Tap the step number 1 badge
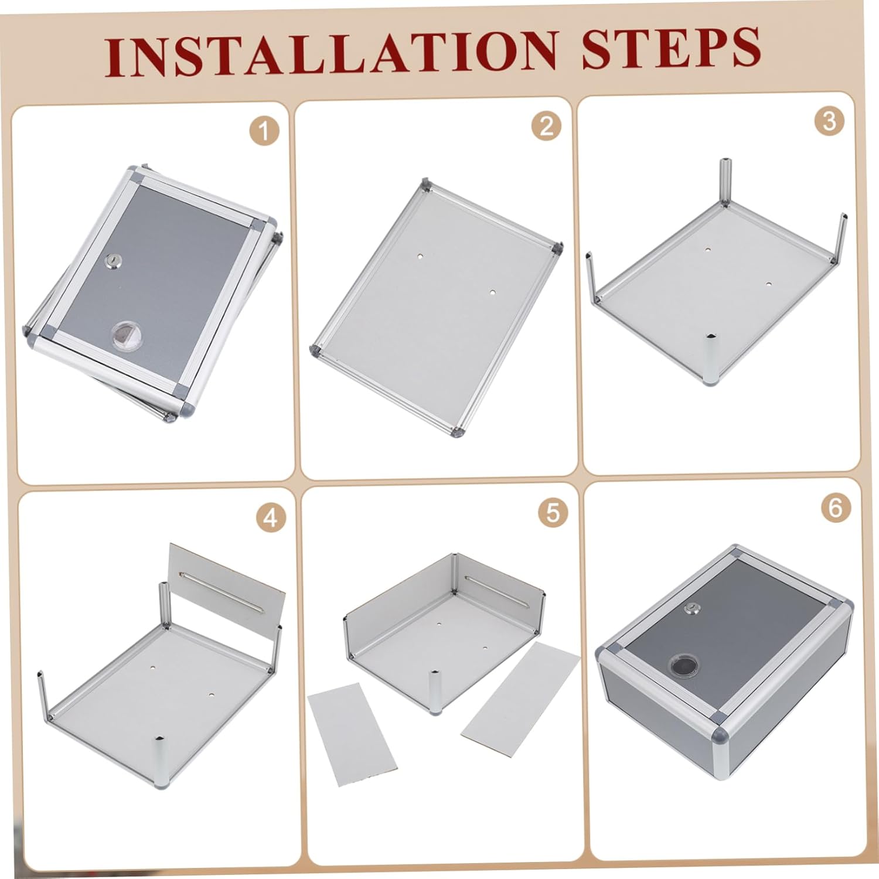click(x=264, y=131)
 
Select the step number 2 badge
click(x=547, y=126)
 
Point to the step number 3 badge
click(x=829, y=121)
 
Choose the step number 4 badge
click(x=271, y=518)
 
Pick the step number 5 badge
click(x=553, y=513)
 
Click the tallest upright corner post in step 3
click(x=725, y=181)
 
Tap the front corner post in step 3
click(x=712, y=360)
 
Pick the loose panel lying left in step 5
click(x=352, y=734)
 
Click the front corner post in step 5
click(x=437, y=693)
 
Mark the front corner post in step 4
click(x=159, y=760)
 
